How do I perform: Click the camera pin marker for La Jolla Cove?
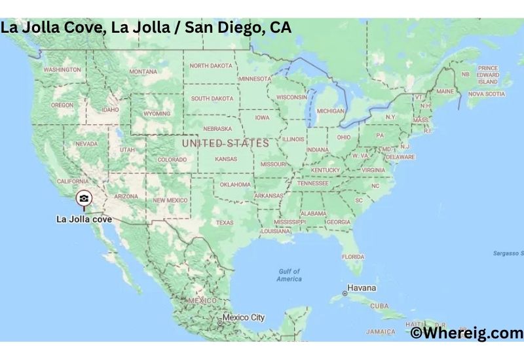pos(84,198)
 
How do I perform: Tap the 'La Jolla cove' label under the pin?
pos(84,219)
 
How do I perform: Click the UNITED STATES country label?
pos(225,143)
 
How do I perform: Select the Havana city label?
pos(362,288)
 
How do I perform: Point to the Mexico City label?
pos(244,317)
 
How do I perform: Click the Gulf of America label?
pos(289,275)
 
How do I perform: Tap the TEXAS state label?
pos(225,223)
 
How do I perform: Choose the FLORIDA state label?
pos(354,257)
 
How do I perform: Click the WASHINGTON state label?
pos(62,69)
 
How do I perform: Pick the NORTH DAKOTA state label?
pos(211,65)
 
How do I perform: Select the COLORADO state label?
pos(172,159)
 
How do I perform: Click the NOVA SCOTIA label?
pos(487,94)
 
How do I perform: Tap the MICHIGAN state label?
pos(330,111)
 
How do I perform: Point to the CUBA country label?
pos(379,306)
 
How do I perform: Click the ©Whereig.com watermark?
pos(467,333)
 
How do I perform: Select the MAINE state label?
pos(445,92)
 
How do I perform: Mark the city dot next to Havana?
pos(345,293)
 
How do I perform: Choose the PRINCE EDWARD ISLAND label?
pos(488,75)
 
